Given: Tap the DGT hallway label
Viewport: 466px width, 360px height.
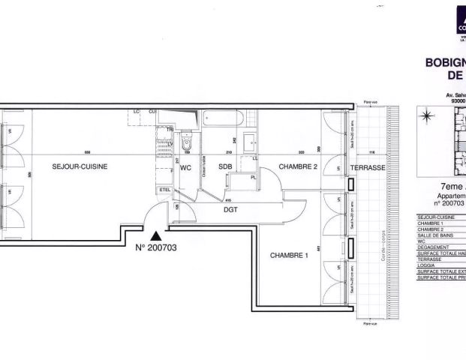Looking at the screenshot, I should click(x=231, y=210).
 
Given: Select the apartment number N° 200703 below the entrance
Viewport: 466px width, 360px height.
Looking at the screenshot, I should click(x=158, y=247).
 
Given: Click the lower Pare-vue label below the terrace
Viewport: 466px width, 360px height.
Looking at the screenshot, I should click(x=368, y=324).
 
